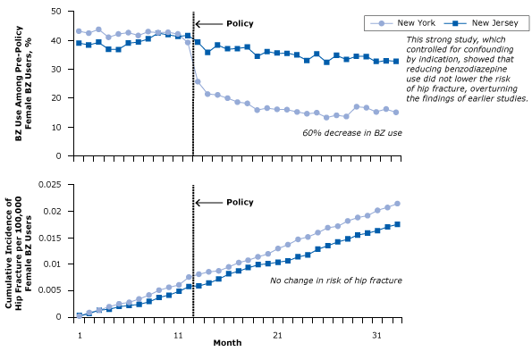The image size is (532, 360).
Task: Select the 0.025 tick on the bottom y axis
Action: [x=55, y=185]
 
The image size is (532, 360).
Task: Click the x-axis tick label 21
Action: [x=277, y=335]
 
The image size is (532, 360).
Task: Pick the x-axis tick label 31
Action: [x=376, y=335]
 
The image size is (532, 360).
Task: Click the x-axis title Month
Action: [x=226, y=343]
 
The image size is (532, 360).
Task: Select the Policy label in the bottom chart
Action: [x=238, y=203]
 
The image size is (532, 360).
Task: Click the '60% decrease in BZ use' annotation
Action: [x=351, y=132]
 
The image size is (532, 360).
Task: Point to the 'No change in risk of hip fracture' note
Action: [x=335, y=280]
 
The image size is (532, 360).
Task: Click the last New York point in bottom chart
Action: [x=396, y=204]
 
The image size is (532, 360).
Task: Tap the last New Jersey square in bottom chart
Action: [x=396, y=224]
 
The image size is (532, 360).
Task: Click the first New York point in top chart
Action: [x=79, y=31]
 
